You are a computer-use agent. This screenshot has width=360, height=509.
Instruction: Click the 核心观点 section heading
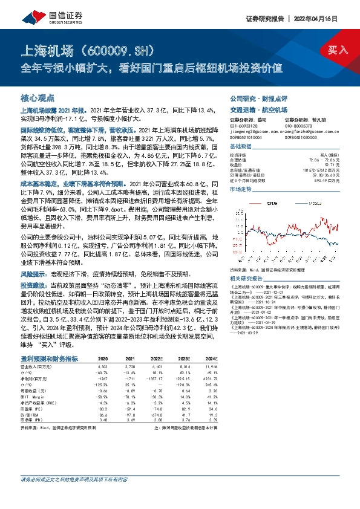pyautogui.click(x=38, y=97)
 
